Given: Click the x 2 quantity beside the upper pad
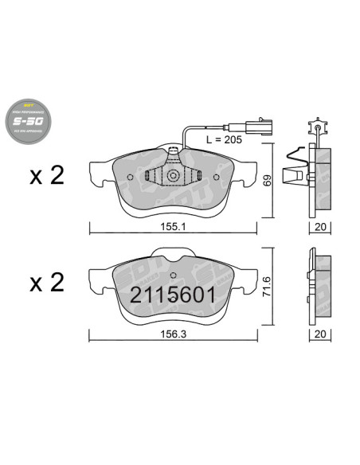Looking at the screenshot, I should click(46, 177).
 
